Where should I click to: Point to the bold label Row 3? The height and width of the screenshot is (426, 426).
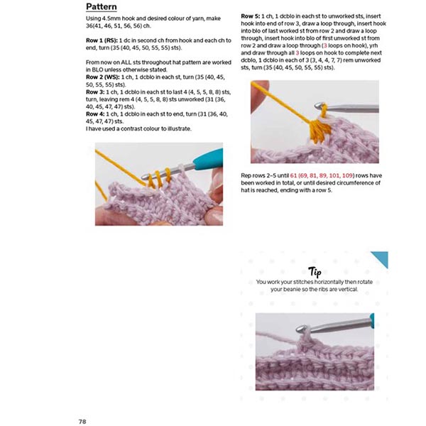94,92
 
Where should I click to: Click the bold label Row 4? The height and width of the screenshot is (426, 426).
94,114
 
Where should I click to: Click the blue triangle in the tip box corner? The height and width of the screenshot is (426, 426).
381,258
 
